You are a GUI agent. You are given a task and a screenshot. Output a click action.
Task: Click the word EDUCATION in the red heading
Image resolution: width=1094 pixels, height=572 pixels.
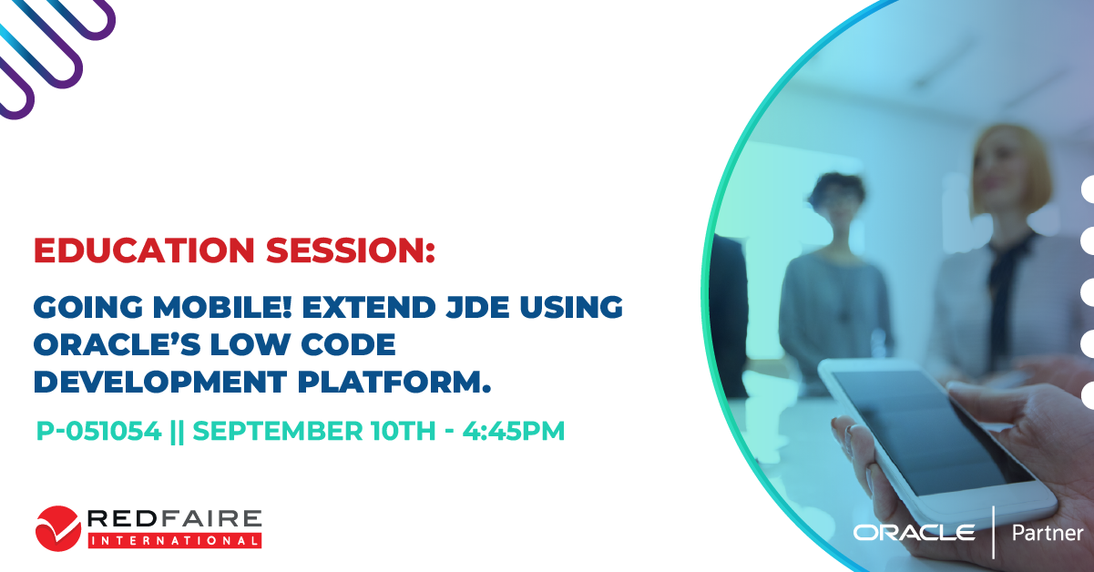coord(144,250)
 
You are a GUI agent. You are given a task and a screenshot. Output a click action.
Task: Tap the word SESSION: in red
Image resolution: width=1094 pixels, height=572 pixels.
coord(350,250)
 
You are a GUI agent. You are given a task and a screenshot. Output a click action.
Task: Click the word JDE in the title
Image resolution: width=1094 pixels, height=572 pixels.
coord(476,307)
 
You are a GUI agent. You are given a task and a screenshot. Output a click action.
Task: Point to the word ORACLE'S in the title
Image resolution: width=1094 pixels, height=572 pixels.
coord(117,344)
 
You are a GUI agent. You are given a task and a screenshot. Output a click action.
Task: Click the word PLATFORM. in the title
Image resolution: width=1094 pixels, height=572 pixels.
coord(394,382)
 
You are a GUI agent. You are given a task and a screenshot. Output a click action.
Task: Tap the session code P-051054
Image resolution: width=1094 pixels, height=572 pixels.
coord(98,431)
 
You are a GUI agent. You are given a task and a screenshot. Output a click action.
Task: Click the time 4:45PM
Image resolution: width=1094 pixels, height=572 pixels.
coord(514,431)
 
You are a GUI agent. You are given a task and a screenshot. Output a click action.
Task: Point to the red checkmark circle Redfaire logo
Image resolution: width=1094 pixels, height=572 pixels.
coord(58,528)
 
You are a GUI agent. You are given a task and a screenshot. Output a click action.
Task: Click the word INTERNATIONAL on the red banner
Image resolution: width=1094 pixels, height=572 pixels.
coord(175,541)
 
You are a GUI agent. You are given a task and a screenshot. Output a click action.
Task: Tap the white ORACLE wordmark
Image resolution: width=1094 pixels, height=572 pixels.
coord(914,533)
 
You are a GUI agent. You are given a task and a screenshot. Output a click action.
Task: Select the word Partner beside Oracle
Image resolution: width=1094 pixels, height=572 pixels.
coord(1048,533)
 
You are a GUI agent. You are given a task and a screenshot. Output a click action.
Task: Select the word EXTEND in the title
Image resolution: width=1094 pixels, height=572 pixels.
coord(368,307)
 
